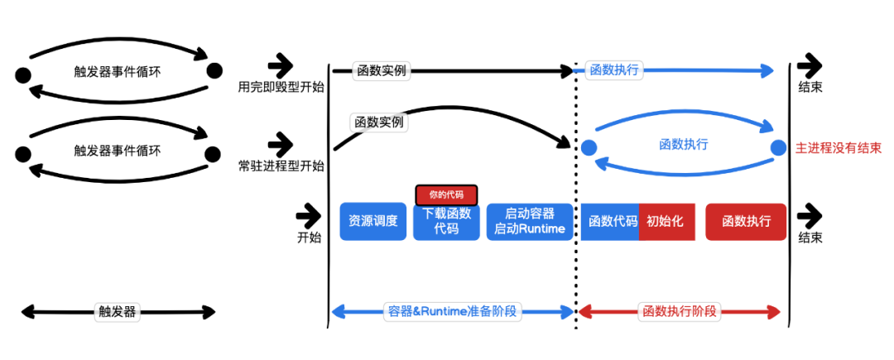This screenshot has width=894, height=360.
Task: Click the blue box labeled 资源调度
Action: point(372,222)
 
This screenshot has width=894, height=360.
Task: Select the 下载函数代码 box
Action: point(446,222)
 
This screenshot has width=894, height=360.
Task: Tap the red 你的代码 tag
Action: point(446,194)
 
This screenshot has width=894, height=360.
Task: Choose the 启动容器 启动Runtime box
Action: point(530,222)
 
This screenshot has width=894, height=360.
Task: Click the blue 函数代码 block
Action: point(610,222)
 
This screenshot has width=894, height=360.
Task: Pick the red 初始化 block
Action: point(667,222)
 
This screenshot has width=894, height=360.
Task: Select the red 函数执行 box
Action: point(747,222)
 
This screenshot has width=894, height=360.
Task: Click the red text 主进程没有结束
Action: point(838,149)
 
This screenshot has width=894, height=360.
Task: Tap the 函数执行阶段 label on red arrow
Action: point(679,311)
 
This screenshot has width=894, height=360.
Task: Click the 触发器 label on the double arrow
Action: point(117,311)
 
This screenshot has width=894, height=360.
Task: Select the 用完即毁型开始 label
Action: point(281,87)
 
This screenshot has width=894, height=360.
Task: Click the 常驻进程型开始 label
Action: point(281,166)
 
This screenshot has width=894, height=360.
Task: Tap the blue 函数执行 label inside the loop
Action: point(684,145)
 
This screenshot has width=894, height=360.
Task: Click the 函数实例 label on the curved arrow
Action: point(379,122)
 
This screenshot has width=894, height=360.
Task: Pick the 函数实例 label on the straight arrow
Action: point(382,70)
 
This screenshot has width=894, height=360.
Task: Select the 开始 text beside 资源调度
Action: point(309,238)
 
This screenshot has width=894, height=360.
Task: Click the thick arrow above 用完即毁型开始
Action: point(280,67)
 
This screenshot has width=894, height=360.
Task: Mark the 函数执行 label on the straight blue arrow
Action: point(613,70)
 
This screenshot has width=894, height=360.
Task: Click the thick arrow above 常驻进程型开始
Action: point(280,145)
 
